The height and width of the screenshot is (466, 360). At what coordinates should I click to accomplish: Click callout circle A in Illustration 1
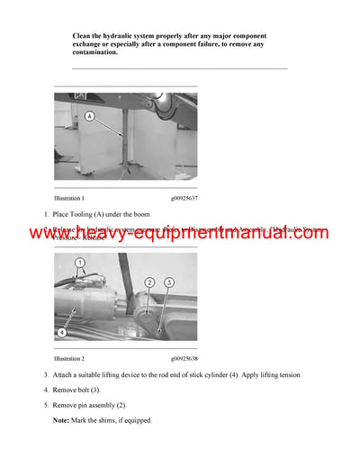coord(89,116)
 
